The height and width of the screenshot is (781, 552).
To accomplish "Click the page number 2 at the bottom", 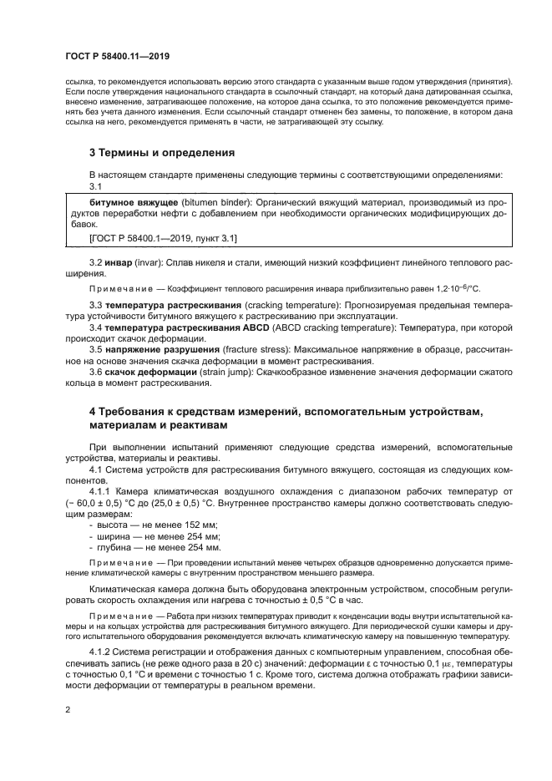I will [x=68, y=711].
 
